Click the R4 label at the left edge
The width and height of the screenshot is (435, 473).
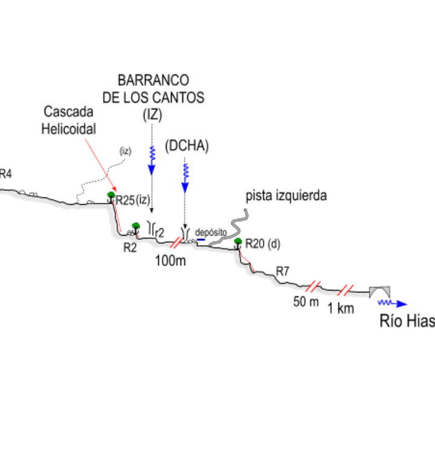pos(5,175)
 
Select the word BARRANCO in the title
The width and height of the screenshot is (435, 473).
pos(153,80)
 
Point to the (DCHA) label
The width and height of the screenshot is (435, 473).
pos(187,147)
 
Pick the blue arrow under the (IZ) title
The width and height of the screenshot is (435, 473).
pos(152,158)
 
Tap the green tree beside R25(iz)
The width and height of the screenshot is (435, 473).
pos(111,195)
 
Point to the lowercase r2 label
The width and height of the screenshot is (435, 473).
pos(159,230)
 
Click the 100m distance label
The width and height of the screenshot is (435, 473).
pos(170,261)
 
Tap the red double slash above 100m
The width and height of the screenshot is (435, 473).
pos(176,242)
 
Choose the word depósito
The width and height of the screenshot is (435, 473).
pos(211,232)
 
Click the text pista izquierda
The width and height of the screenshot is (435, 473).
pos(286,196)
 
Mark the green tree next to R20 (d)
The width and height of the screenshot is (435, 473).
pos(238,242)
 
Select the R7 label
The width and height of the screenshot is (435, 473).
pos(282,271)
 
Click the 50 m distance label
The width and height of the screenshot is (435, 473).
pos(306,302)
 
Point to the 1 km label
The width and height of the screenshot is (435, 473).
pos(340,309)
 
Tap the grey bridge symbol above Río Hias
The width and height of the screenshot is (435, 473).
pos(381,290)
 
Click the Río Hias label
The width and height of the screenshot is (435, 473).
pos(407,321)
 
